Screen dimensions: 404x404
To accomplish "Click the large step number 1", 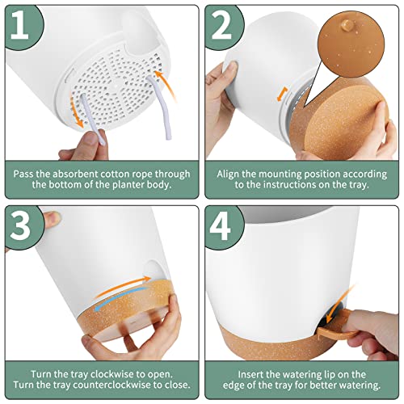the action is (x=19, y=26).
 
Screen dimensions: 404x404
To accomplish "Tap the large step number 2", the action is (x=221, y=26).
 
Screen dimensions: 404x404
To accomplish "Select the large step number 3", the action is (x=22, y=225).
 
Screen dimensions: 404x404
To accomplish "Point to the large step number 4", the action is (x=221, y=225).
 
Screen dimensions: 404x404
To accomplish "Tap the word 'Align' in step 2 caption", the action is (x=228, y=174).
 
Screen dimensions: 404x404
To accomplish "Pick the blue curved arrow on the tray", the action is (x=122, y=297).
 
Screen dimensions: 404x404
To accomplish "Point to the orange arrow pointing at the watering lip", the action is (x=340, y=304).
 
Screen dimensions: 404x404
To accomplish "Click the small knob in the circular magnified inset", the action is (x=347, y=24).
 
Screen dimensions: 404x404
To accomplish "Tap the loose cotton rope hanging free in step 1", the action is (x=159, y=107).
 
